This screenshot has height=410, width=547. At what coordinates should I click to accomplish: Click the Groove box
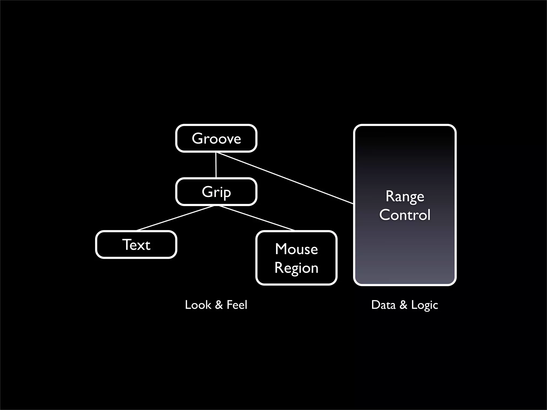[x=216, y=139]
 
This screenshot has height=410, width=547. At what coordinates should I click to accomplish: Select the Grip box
[x=216, y=192]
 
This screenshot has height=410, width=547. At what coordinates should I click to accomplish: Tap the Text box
[x=136, y=245]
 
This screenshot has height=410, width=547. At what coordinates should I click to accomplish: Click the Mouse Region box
[x=296, y=258]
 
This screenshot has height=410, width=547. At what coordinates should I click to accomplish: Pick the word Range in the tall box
[x=405, y=197]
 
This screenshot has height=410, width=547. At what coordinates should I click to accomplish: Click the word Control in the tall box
[x=405, y=215]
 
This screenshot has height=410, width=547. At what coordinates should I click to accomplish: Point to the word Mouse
[x=296, y=249]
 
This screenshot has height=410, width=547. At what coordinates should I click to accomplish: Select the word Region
[x=296, y=268]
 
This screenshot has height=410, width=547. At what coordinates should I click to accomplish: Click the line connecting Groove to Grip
[x=216, y=165]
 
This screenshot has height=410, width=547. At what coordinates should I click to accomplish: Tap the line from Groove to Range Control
[x=284, y=178]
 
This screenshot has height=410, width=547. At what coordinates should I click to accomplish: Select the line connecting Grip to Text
[x=175, y=218]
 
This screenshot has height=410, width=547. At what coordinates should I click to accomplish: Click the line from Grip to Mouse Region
[x=257, y=218]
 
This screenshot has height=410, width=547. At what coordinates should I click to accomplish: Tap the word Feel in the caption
[x=237, y=305]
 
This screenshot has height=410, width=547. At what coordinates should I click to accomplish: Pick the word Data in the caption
[x=383, y=305]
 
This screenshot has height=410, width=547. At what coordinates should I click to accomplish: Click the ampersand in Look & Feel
[x=219, y=305]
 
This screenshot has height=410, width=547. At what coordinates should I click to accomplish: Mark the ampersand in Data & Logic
[x=403, y=305]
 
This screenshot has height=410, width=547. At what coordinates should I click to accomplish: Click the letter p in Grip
[x=226, y=193]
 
